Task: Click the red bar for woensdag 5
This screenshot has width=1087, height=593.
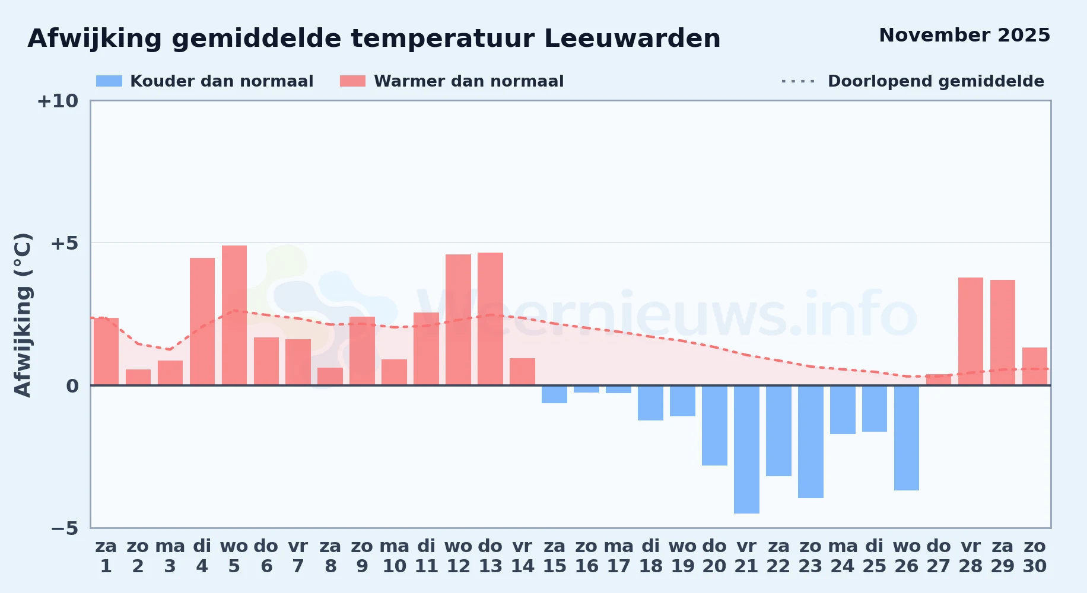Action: (234, 315)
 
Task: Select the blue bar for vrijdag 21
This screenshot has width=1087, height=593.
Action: (746, 449)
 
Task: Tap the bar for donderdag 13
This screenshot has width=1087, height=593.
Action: (490, 319)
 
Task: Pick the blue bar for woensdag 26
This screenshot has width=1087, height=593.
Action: (907, 438)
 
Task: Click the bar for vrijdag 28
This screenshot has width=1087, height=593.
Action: (971, 331)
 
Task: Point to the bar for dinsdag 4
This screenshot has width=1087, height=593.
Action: (202, 321)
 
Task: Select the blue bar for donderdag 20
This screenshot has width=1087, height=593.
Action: (714, 426)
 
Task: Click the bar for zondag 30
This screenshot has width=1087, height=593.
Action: (1035, 366)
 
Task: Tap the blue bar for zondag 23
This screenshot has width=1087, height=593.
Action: (811, 442)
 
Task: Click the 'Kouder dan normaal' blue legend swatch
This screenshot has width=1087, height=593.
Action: (109, 81)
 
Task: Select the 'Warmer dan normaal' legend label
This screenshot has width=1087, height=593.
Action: (469, 81)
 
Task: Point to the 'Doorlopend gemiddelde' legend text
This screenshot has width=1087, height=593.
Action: (936, 81)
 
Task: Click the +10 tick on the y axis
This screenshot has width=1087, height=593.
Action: (58, 101)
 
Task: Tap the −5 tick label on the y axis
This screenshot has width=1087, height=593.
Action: (65, 528)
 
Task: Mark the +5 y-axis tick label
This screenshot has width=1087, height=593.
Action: (65, 243)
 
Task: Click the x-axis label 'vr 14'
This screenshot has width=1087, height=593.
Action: (523, 556)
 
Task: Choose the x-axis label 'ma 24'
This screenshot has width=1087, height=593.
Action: (843, 556)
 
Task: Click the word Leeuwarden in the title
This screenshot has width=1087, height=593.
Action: (632, 39)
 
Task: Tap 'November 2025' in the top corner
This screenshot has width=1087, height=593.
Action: (964, 35)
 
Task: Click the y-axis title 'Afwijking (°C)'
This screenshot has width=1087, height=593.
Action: (23, 314)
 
